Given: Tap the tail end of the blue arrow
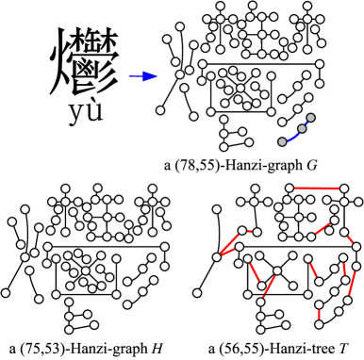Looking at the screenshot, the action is click(x=129, y=76).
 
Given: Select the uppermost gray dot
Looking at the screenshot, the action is click(x=310, y=118).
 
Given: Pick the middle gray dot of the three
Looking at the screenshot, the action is click(x=302, y=128).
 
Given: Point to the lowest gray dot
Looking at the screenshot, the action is click(x=282, y=142).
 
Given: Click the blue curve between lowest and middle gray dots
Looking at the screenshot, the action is click(x=292, y=137).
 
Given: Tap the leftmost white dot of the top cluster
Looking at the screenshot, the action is click(x=160, y=110).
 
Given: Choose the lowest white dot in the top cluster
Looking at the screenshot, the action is click(x=223, y=147).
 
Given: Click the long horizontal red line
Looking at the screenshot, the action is click(x=316, y=188).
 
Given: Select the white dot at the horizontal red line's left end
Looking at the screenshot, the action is click(x=290, y=188).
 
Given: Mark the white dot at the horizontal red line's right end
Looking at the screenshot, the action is click(x=343, y=188).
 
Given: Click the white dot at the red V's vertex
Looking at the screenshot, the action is click(x=217, y=256).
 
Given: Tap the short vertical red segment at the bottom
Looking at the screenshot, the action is click(x=319, y=314).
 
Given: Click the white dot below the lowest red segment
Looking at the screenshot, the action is click(x=319, y=324).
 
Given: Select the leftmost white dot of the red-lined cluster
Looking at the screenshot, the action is click(x=197, y=293).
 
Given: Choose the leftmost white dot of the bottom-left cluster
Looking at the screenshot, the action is click(x=6, y=293).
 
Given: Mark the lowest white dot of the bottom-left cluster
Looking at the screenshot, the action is click(x=69, y=330).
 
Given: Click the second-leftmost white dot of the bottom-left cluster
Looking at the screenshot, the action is click(x=12, y=222).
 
